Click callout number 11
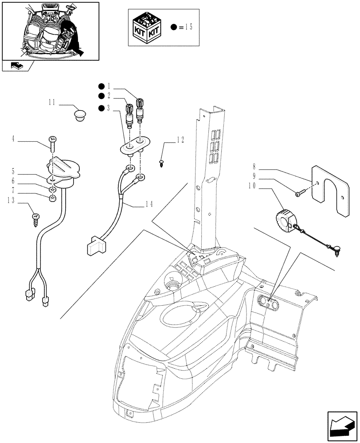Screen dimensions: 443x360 click(x=51, y=102)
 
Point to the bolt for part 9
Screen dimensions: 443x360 click(x=300, y=192)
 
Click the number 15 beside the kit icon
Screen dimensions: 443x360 click(x=188, y=27)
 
